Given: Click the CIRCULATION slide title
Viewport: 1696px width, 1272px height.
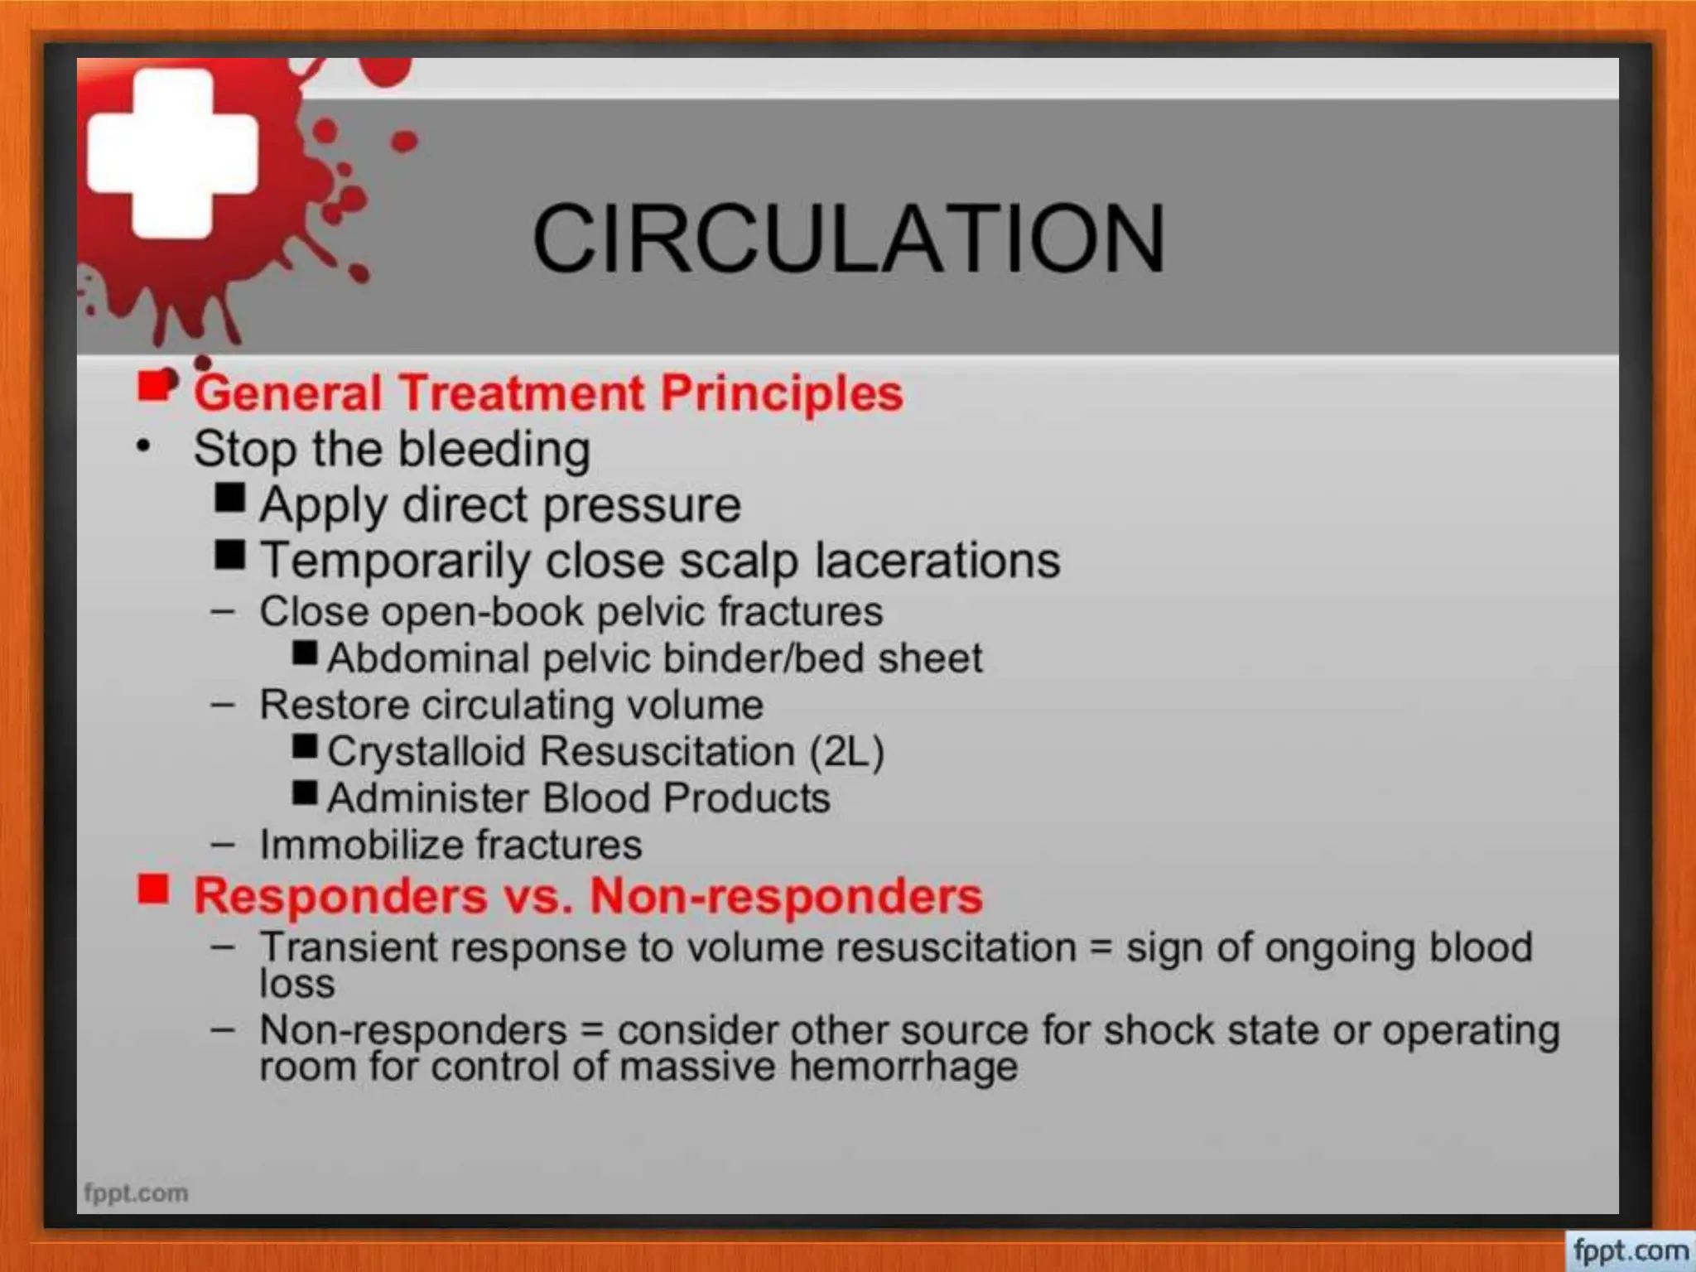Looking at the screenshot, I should point(848,238).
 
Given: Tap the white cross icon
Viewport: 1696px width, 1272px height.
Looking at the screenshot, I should point(172,154).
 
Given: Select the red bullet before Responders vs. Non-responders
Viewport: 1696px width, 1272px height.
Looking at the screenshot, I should point(153,890).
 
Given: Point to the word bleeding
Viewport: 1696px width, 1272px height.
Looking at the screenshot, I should point(494,450).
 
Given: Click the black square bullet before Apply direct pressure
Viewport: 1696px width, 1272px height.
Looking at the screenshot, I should point(229,498).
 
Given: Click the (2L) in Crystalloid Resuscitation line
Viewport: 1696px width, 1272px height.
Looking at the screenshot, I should point(846,752).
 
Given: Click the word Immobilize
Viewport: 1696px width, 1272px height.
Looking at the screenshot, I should point(361,846).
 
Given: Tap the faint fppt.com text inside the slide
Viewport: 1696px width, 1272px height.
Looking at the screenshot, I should point(136,1193).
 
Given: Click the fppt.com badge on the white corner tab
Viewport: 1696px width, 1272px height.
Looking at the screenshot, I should point(1630,1250).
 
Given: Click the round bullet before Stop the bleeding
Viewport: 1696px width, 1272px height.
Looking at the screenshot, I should point(143,447).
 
